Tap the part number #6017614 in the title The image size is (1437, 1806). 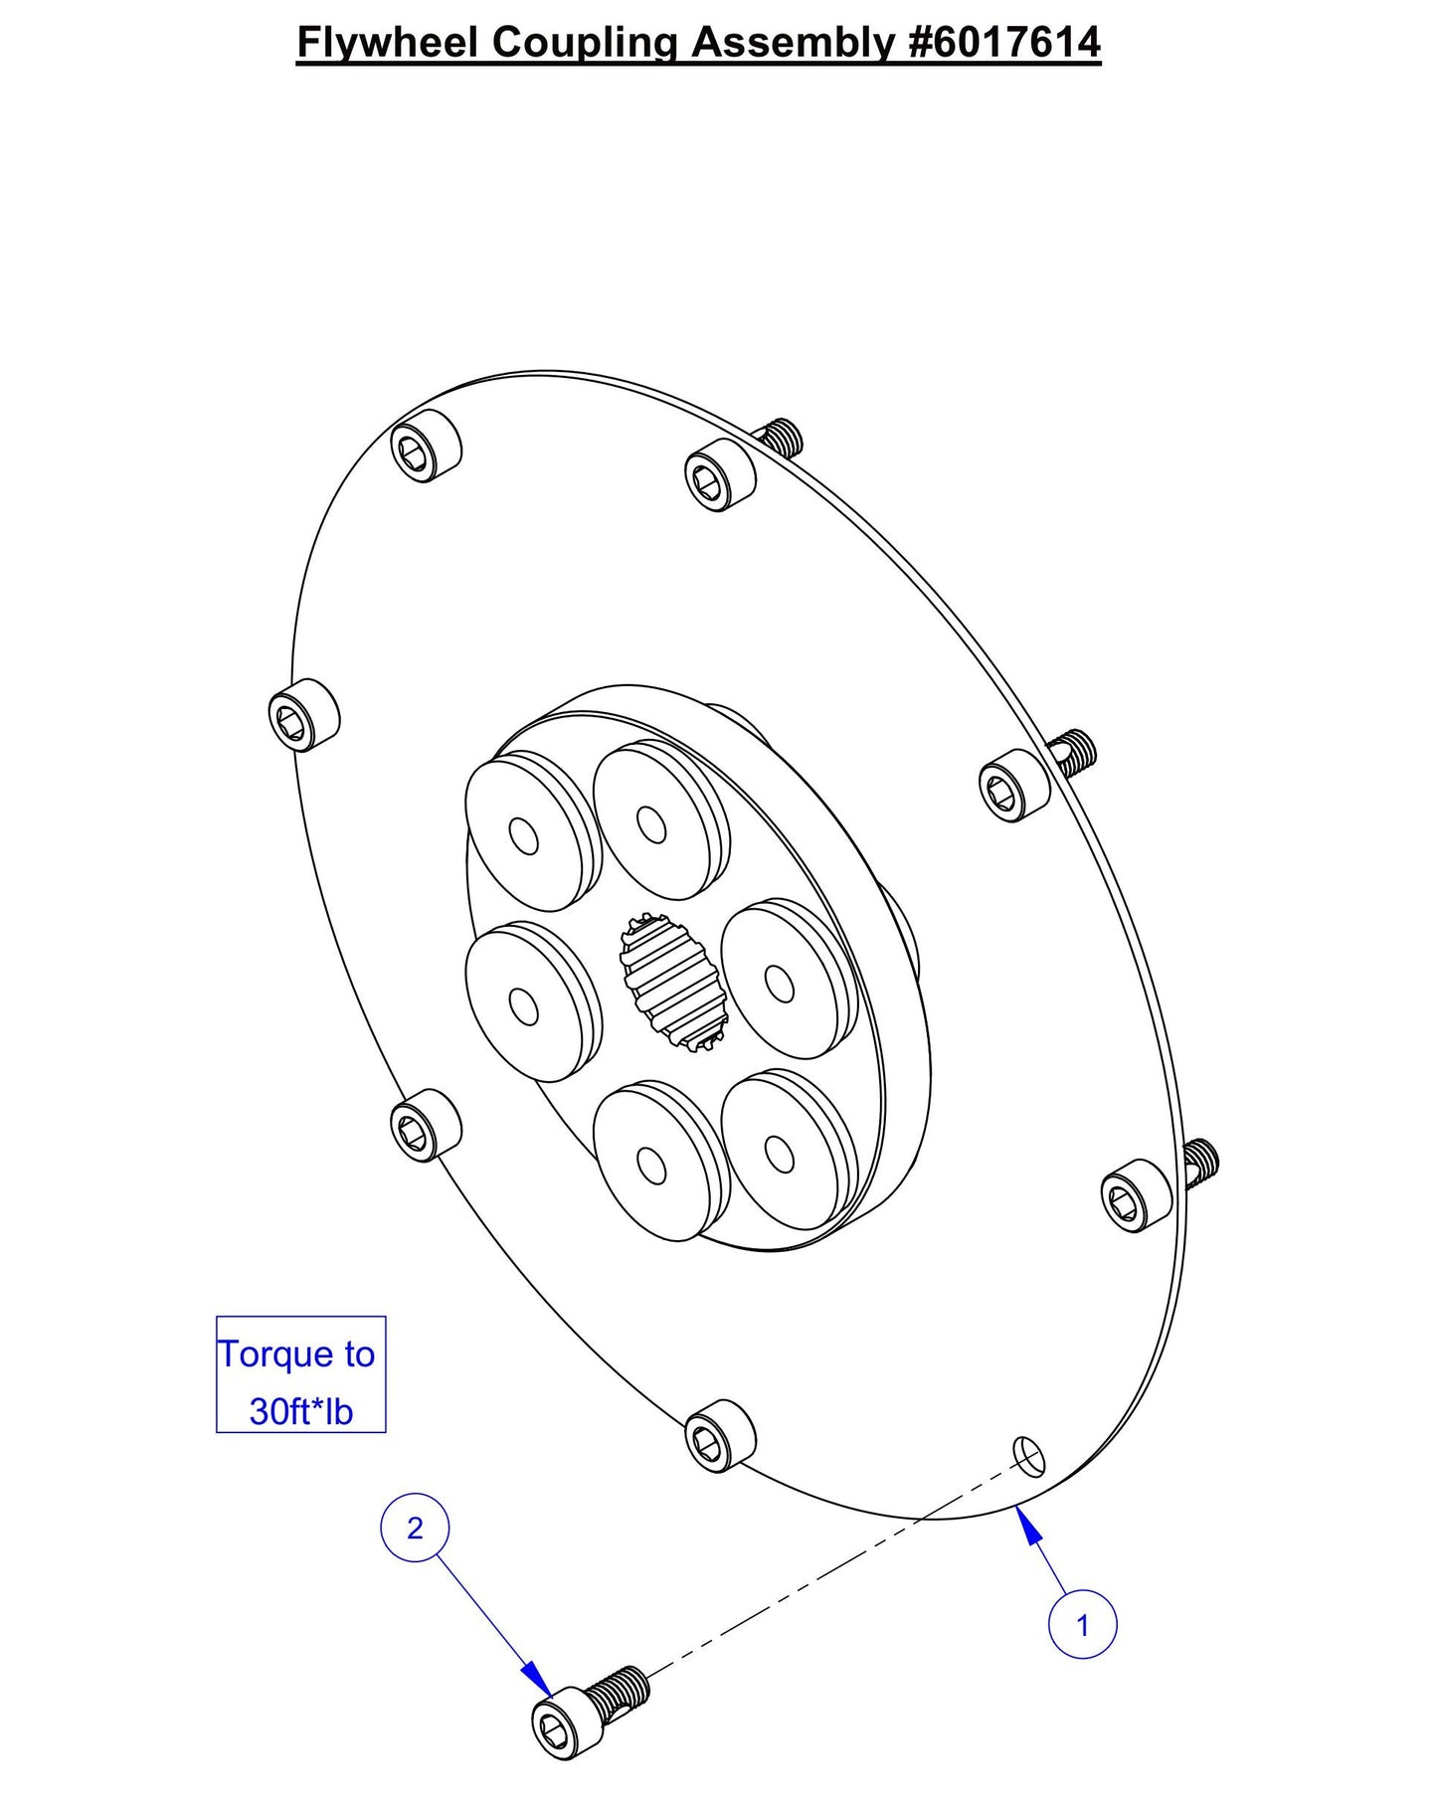(1004, 43)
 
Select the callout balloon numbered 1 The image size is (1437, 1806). (1082, 1625)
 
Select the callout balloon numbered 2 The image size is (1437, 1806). (415, 1527)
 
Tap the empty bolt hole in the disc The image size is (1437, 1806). (1028, 1455)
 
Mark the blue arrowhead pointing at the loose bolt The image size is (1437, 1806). (539, 1678)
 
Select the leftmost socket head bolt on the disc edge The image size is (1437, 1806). (303, 716)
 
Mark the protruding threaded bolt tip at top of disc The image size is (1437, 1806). (781, 435)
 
